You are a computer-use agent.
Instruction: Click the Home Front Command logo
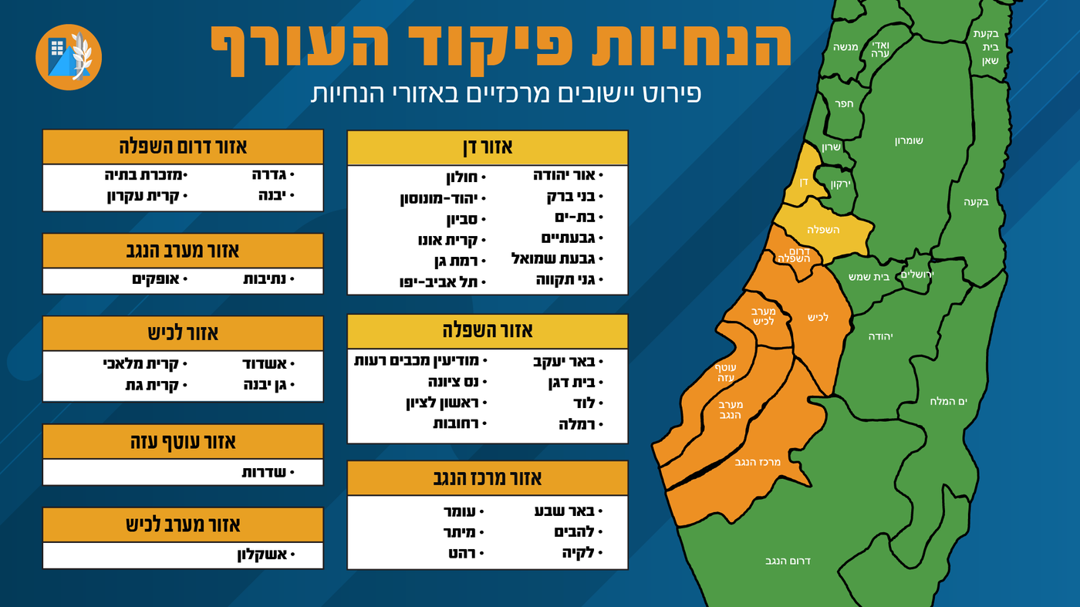coord(69,57)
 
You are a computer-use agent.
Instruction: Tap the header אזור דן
coord(488,147)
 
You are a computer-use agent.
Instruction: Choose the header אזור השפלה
coord(488,331)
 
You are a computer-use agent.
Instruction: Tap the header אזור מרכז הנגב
coord(488,477)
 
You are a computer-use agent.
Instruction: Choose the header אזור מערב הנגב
coord(183,251)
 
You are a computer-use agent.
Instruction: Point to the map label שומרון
coord(909,141)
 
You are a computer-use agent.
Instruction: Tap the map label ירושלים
coord(918,275)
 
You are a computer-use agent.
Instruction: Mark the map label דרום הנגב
coord(788,561)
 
